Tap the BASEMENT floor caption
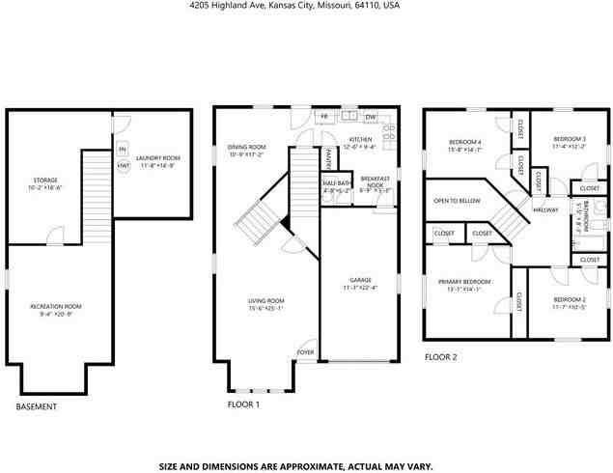click(x=37, y=406)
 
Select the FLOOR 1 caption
click(x=243, y=403)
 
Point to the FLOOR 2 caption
click(x=440, y=357)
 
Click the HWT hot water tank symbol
click(x=124, y=166)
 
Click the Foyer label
click(x=305, y=353)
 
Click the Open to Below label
click(x=457, y=201)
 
